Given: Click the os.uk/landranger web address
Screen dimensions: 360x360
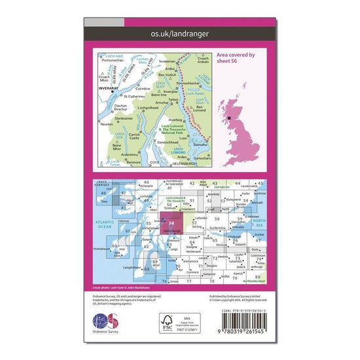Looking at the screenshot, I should (x=180, y=33).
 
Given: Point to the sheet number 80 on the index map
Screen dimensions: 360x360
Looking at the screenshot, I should (x=259, y=277).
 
